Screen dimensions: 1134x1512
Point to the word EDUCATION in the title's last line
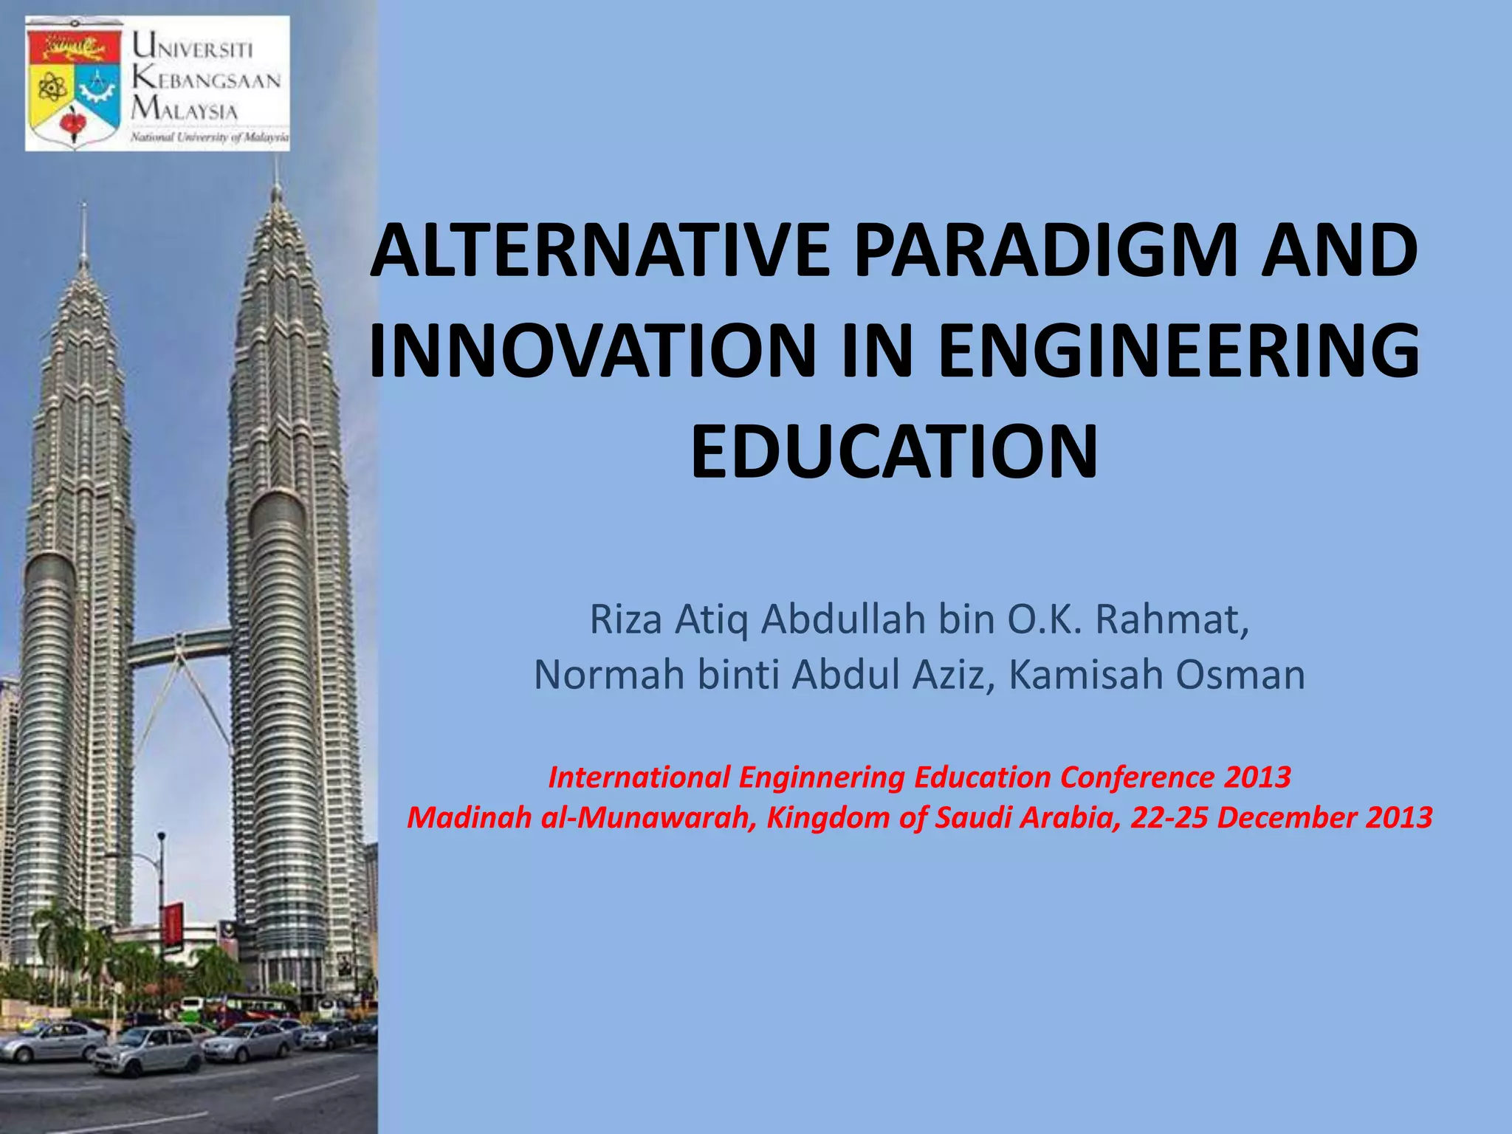[894, 450]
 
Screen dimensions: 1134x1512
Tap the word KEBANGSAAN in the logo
[207, 79]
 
